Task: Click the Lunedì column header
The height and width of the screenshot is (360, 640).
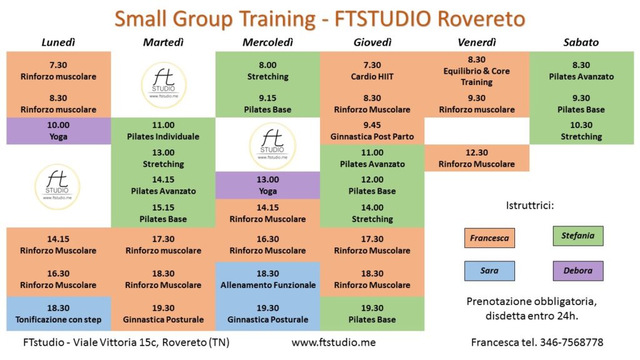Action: (x=58, y=42)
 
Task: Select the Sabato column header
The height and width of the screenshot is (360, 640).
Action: (x=581, y=42)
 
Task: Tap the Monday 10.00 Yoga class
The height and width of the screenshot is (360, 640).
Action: (x=58, y=131)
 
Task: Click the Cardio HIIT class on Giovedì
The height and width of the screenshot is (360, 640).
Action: (x=372, y=71)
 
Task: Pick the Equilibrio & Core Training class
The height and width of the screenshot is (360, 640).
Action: (x=477, y=71)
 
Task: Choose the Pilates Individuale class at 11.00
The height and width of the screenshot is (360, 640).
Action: (x=163, y=131)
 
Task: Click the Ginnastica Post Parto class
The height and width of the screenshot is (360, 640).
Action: (x=372, y=131)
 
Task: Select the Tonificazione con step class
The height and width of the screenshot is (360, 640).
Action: (x=58, y=314)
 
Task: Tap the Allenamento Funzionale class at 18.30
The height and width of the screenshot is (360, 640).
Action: (x=267, y=279)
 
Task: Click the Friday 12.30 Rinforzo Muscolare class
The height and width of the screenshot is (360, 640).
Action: (x=477, y=158)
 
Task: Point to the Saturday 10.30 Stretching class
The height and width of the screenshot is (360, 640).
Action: (x=581, y=131)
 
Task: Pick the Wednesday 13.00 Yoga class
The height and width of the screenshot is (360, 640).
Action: (x=267, y=185)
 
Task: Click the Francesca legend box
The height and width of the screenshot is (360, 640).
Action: (x=489, y=238)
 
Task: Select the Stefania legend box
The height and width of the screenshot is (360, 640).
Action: (x=578, y=236)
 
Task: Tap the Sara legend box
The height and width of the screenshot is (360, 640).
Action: (x=489, y=271)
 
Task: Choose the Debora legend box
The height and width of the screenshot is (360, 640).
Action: (x=578, y=271)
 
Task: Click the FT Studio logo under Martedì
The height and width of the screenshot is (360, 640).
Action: (x=164, y=85)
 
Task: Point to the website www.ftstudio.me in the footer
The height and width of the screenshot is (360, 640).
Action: (x=334, y=342)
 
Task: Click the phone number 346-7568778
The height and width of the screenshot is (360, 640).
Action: (x=571, y=342)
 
